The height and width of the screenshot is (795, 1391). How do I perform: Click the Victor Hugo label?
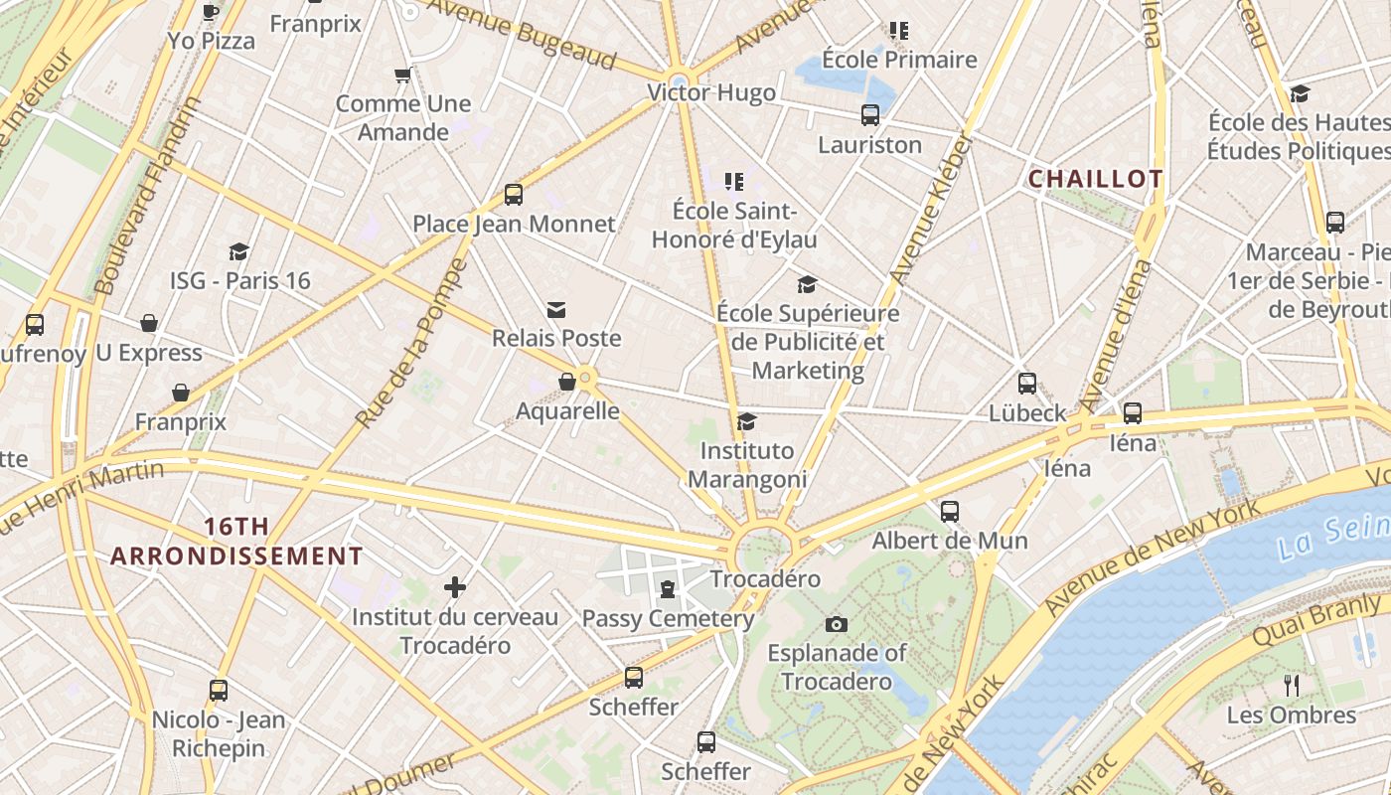710,92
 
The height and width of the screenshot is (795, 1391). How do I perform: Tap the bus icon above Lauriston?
870,115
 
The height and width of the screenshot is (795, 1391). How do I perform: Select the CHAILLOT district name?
1095,179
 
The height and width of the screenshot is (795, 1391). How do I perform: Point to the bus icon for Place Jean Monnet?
513,195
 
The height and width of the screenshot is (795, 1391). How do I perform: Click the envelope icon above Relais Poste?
556,310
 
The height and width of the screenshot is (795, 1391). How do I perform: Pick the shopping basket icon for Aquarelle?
567,383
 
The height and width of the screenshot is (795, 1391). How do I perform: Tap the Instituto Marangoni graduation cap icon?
747,422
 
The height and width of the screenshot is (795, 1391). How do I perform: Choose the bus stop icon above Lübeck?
1027,384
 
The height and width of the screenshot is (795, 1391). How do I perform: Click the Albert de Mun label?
949,541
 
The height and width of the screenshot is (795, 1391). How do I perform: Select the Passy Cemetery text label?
668,618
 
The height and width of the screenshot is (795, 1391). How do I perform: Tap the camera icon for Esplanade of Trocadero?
837,624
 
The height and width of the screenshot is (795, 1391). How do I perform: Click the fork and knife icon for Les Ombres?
1291,685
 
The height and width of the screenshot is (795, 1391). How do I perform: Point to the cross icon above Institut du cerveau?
455,587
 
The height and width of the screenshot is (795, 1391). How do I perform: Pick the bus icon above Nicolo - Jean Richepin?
219,691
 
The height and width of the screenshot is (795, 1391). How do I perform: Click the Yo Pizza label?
211,41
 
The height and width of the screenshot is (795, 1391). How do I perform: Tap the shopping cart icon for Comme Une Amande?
402,75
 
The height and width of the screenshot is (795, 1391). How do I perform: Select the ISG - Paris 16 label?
240,280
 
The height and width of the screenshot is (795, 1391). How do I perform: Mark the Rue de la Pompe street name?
410,344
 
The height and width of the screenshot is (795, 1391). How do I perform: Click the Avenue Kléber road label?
930,210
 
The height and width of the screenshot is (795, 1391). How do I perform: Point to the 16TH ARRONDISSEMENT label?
236,542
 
